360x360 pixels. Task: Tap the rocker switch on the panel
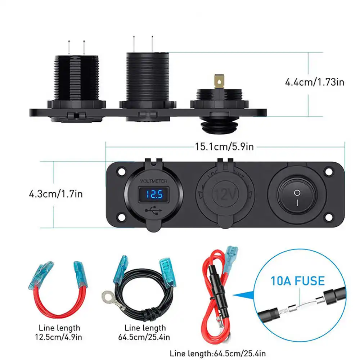coord(297,195)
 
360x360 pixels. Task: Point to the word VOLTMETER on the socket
coord(153,181)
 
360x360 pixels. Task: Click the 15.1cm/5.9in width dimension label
coord(225,147)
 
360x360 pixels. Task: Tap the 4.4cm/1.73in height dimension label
coord(315,82)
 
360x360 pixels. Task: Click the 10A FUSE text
coord(298,281)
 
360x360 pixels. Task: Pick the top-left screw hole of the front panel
coord(121,171)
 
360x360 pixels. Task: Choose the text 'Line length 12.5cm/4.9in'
coord(59,333)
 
